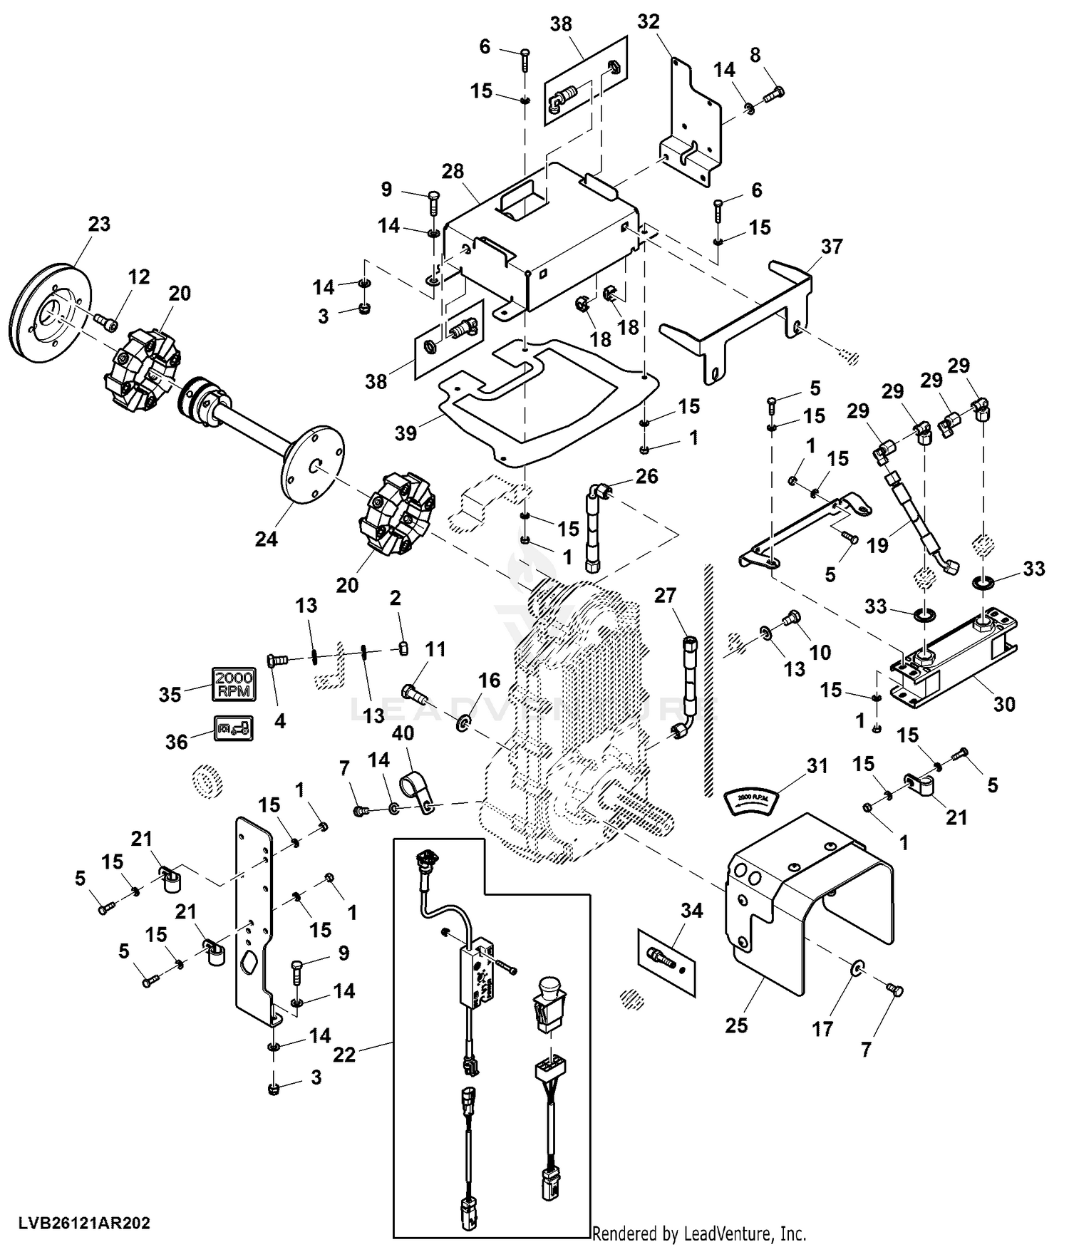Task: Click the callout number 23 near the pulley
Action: point(99,224)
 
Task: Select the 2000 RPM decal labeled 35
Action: point(233,684)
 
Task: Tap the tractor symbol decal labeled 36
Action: point(232,728)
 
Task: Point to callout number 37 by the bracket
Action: point(831,247)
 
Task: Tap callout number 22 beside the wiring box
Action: point(344,1054)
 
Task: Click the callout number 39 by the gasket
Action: point(406,433)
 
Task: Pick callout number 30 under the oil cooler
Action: point(1004,704)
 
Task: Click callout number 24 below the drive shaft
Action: point(266,539)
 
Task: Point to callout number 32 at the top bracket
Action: point(649,22)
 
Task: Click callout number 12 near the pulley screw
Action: point(139,276)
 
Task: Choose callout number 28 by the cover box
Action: point(453,171)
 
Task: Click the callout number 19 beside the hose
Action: point(877,545)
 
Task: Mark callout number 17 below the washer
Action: point(822,1029)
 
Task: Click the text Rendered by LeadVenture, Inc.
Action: point(699,1233)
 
